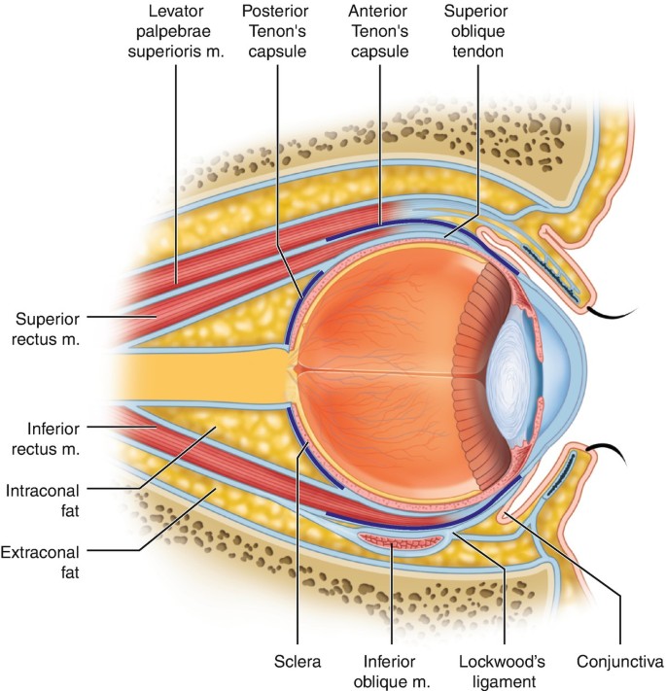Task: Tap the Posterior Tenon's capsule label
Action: pos(276,32)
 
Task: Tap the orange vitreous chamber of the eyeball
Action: pos(389,369)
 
